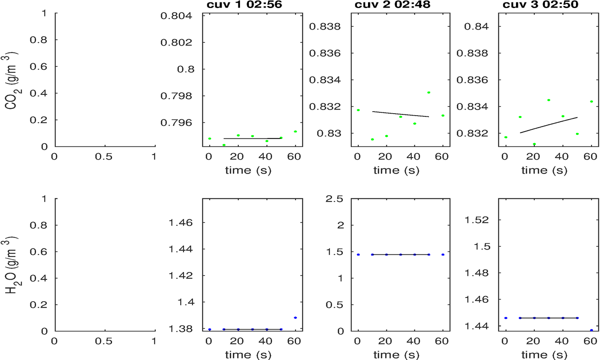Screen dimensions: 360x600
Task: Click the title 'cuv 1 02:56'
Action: pos(244,5)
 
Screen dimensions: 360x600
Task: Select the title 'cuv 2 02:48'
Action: pos(392,5)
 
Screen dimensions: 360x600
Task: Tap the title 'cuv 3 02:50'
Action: pos(540,5)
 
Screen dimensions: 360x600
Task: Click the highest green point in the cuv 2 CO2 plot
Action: pos(428,92)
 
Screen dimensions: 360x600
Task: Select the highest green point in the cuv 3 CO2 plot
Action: pos(549,100)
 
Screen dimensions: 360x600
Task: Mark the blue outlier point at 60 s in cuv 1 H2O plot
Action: pos(295,318)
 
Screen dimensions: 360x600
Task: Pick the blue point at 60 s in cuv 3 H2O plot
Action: pos(591,330)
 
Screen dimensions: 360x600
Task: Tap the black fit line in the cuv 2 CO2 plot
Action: pos(400,114)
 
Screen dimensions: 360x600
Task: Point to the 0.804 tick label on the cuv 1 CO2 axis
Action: pos(176,16)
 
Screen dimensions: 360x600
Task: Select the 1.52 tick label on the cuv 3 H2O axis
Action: pos(476,220)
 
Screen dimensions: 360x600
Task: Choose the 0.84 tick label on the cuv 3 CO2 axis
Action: pos(476,26)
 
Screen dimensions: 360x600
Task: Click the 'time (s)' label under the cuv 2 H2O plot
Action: pos(396,354)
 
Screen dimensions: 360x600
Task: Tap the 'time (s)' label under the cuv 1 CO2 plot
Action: pos(248,170)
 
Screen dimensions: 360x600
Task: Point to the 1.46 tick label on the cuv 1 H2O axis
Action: pos(180,222)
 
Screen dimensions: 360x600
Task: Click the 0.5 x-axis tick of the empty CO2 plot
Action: pos(104,157)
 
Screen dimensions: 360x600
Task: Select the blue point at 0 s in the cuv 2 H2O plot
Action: pos(358,254)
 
